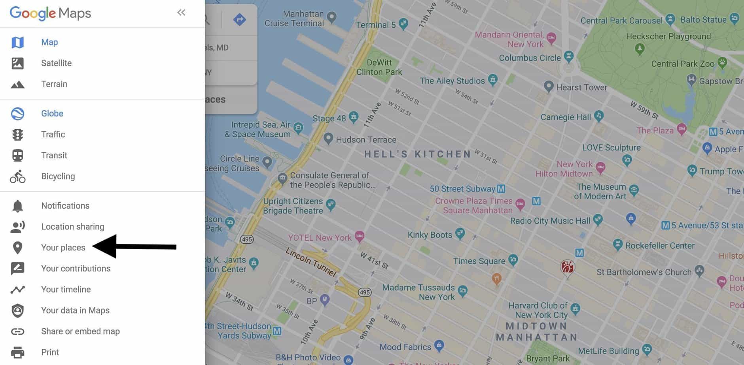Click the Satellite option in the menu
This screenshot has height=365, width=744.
tap(56, 63)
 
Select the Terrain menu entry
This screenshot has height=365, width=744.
tap(54, 84)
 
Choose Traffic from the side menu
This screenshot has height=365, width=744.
tap(53, 134)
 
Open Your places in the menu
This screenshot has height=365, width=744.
tap(63, 248)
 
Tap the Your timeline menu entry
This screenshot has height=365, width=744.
tap(66, 290)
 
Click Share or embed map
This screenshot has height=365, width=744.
tap(80, 331)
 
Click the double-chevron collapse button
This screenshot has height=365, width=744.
tap(181, 13)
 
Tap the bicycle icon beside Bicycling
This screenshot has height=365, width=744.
tap(17, 177)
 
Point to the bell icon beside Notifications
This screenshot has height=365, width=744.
tap(17, 206)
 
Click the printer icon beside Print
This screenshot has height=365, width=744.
tap(17, 352)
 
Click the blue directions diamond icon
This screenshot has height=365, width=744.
tap(239, 19)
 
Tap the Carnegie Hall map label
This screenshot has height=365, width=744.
tap(566, 117)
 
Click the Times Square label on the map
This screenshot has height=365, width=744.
tap(479, 261)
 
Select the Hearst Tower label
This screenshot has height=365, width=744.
tap(581, 87)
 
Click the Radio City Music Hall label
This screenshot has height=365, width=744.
tap(550, 221)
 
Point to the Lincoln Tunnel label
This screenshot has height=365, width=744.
tap(311, 262)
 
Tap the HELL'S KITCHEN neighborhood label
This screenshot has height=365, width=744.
tap(417, 154)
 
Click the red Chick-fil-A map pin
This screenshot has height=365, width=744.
tap(567, 268)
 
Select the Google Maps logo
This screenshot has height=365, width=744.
tap(50, 13)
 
